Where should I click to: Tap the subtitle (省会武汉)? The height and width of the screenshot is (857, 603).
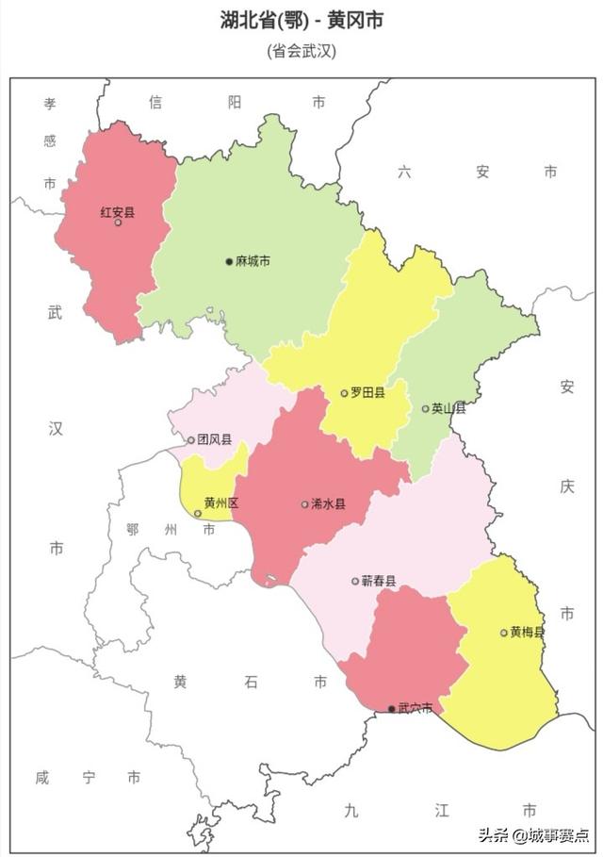301,51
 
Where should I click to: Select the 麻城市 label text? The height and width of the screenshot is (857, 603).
253,260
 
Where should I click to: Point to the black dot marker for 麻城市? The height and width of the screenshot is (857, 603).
229,261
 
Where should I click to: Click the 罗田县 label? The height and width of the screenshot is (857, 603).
367,392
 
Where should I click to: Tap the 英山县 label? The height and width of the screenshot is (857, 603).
448,408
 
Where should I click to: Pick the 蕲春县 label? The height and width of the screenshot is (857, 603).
379,581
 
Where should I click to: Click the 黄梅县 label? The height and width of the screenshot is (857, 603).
528,632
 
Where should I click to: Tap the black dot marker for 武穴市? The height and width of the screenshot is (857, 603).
392,709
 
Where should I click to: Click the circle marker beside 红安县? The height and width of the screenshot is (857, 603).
118,222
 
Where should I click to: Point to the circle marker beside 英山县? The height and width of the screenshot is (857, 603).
425,409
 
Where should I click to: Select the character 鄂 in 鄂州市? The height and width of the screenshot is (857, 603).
133,530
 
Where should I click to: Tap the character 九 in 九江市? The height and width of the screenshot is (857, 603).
350,810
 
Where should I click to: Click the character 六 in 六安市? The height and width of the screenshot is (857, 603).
404,172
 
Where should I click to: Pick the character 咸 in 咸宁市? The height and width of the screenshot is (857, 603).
42,777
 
